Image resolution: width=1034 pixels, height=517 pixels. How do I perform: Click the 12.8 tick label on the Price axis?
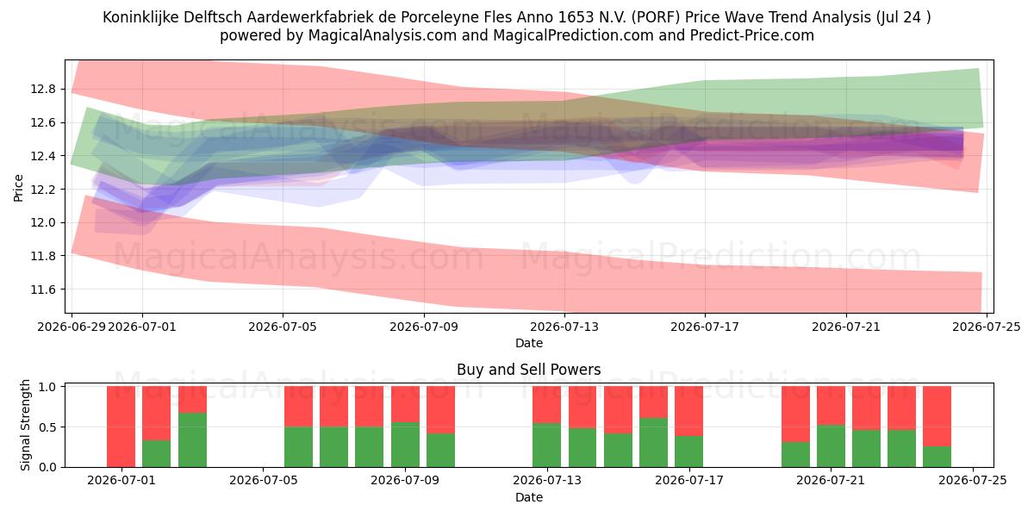coord(43,89)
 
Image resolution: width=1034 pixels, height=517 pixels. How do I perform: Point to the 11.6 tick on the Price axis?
coord(43,290)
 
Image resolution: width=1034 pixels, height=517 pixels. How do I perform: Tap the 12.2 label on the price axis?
coord(43,190)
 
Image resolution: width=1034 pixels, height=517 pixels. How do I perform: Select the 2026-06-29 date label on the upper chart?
coord(72,327)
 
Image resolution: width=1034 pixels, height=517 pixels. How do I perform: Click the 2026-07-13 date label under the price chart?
coord(564,327)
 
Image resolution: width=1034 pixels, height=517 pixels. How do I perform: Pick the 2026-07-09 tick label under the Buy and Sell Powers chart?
coord(405,480)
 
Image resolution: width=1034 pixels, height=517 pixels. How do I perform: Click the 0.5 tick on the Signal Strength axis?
coord(47,427)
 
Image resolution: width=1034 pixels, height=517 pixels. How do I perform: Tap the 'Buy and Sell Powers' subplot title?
coord(528,370)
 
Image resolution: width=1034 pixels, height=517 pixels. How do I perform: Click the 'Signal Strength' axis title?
coord(25,425)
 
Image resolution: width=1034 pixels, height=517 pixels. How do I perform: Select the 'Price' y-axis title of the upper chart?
coord(18,188)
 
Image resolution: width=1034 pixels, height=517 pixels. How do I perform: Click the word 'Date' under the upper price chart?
coord(529,343)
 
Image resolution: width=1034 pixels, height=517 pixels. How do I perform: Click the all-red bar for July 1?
coord(121,427)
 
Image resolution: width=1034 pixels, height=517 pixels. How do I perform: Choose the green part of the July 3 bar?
coord(192,440)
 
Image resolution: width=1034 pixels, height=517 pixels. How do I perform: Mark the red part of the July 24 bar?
coord(937,416)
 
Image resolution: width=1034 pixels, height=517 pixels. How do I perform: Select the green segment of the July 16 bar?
coord(654,443)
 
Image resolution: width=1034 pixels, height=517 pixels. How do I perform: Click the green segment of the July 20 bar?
coord(796,455)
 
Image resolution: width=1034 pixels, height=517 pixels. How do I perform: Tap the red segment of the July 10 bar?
coord(441,410)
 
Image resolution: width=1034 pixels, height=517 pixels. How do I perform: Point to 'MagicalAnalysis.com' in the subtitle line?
coord(383,35)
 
